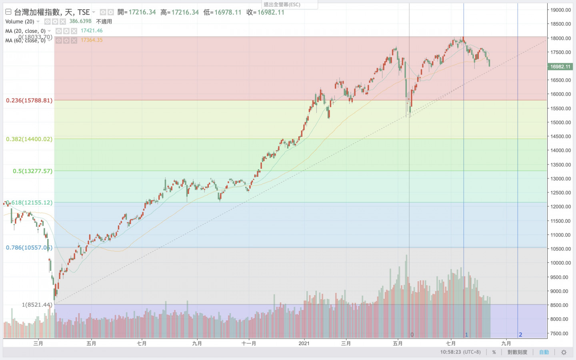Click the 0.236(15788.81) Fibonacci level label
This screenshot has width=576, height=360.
[29, 100]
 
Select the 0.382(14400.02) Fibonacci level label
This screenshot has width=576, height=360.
[29, 139]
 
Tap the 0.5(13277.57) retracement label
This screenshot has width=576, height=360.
[32, 171]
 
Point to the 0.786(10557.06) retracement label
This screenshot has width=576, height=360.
[29, 248]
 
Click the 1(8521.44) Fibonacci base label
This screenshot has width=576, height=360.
[37, 305]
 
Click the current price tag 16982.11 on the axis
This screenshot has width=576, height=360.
[560, 67]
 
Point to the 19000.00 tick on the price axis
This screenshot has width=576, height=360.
[560, 10]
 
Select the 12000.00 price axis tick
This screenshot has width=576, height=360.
[560, 207]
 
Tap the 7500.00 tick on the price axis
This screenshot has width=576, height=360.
[560, 334]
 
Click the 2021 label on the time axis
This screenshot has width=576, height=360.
[304, 343]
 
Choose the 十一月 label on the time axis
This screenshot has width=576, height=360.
[249, 343]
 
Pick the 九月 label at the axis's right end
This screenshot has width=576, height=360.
[506, 343]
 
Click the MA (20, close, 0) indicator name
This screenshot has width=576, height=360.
[25, 31]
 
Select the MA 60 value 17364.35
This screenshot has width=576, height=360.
[92, 40]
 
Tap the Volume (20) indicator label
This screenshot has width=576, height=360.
[20, 22]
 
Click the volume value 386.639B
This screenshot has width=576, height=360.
[80, 21]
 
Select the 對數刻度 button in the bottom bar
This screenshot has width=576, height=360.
[517, 352]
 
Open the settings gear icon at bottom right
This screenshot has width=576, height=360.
[564, 352]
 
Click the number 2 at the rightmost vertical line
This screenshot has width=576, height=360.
[520, 335]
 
